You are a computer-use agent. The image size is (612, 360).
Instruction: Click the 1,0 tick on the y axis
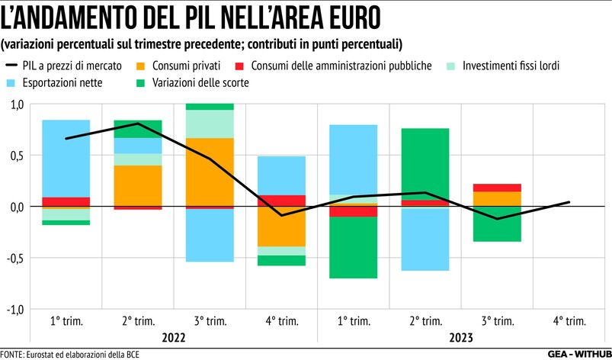(x=15, y=104)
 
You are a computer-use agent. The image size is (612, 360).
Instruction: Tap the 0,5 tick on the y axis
(x=15, y=156)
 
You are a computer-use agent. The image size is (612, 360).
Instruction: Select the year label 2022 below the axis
(x=174, y=336)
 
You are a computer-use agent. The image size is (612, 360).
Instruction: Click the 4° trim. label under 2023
(x=570, y=320)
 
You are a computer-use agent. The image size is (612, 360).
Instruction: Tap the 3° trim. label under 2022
(x=210, y=320)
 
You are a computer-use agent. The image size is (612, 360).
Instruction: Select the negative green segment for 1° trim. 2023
(x=354, y=247)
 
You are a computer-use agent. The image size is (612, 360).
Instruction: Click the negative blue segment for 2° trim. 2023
(x=425, y=239)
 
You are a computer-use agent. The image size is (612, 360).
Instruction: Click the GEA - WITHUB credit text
(x=577, y=354)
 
